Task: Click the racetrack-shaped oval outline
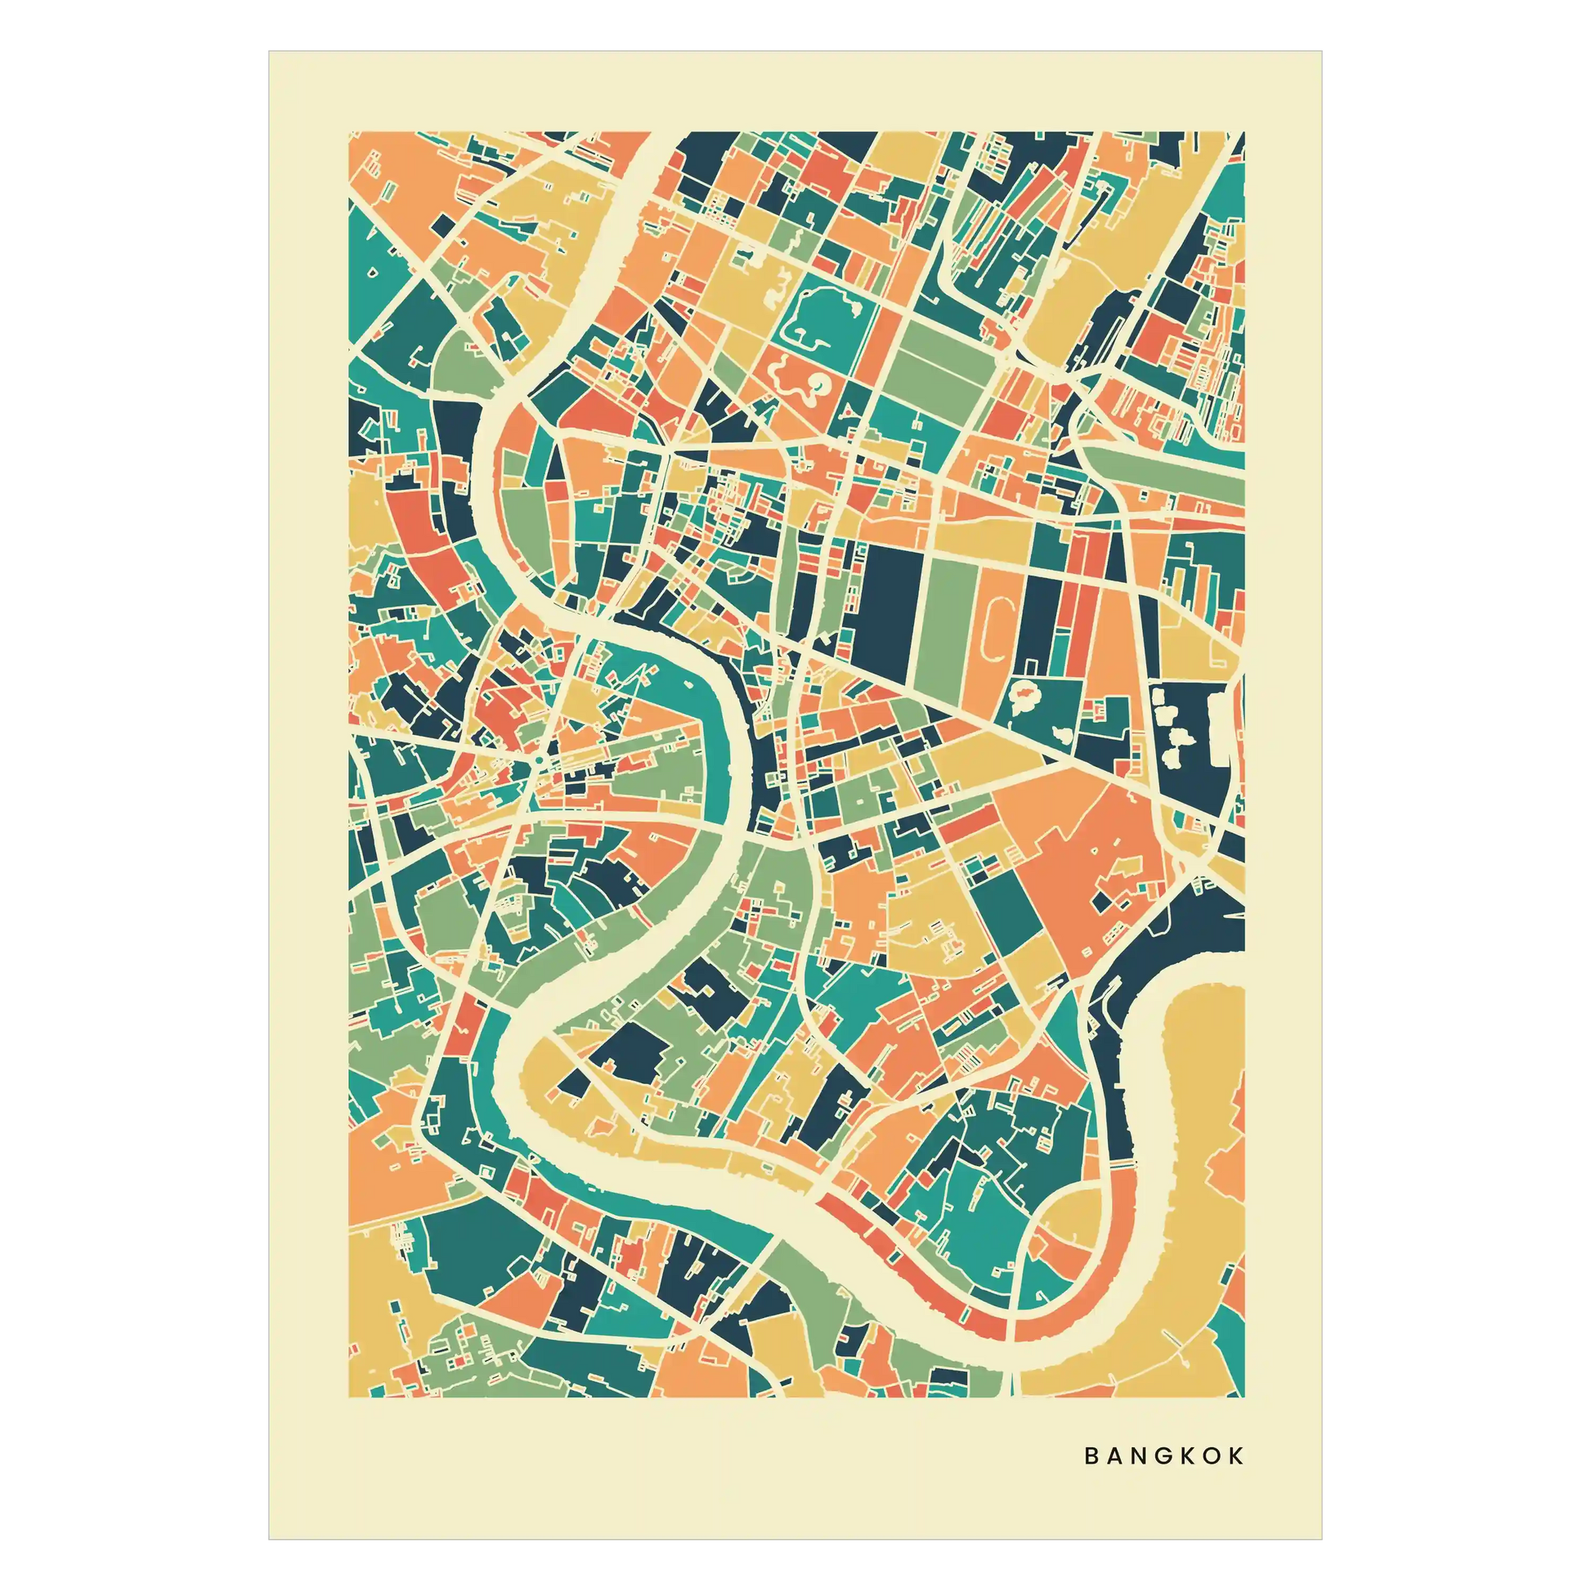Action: [x=997, y=630]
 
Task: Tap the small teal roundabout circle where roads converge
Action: [x=537, y=761]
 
